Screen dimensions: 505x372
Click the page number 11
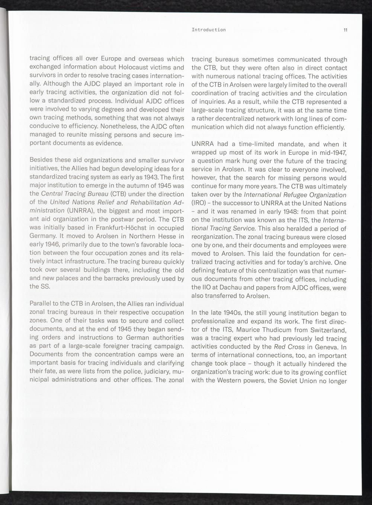(345, 30)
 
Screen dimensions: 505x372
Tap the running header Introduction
(209, 30)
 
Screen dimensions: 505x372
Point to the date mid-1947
(332, 153)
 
